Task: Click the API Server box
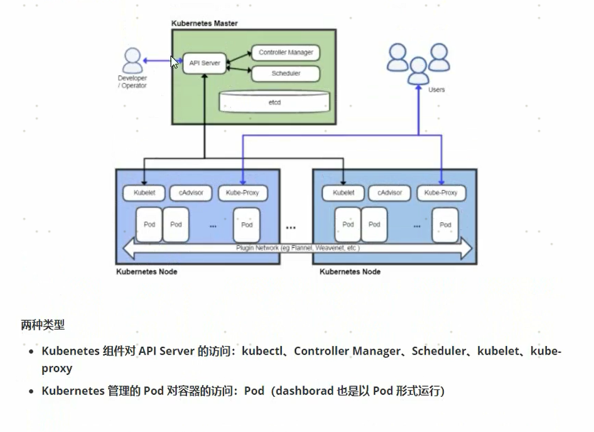(x=205, y=63)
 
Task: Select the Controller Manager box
(x=286, y=53)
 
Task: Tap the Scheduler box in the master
(x=286, y=73)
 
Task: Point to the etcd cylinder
(x=274, y=101)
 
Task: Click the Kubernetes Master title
(x=205, y=24)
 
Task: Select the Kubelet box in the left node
(x=144, y=193)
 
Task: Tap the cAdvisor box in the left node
(x=191, y=193)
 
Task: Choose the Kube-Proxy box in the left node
(x=242, y=193)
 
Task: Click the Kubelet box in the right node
(x=343, y=193)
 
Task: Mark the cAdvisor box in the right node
(x=390, y=193)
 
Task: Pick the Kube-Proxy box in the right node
(x=441, y=193)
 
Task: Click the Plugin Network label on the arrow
(x=298, y=248)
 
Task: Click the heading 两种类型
(x=43, y=325)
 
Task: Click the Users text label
(x=436, y=90)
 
